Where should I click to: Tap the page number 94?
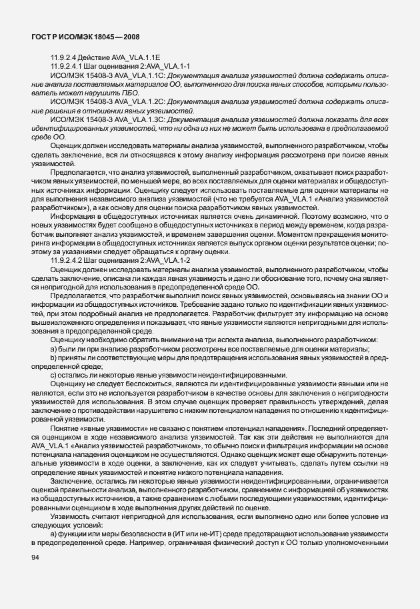tap(35, 557)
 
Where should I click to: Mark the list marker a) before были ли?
tap(53, 351)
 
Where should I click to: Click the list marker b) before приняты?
tap(53, 359)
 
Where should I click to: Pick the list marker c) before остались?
tap(53, 375)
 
